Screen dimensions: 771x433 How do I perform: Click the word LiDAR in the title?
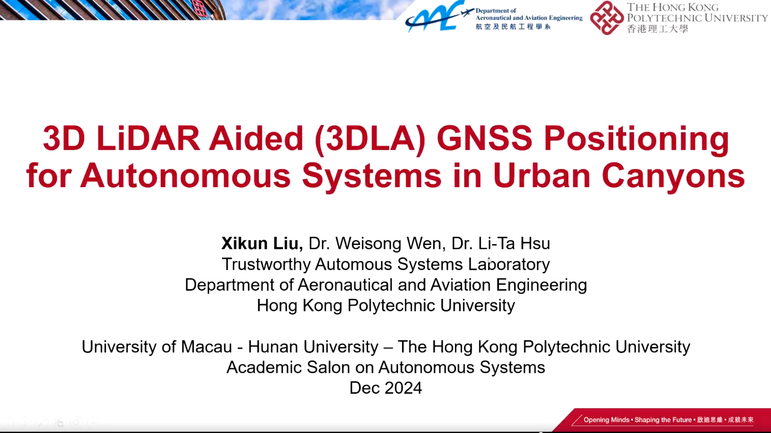click(148, 138)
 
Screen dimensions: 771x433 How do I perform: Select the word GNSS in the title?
click(485, 138)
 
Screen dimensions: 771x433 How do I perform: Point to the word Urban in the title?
click(541, 176)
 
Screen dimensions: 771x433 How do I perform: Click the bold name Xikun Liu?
click(262, 243)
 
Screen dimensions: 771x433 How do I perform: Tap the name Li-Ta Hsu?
click(514, 243)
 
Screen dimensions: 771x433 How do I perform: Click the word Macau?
click(206, 347)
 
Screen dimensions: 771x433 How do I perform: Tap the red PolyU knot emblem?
click(607, 18)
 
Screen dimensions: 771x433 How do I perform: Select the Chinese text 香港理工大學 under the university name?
click(657, 29)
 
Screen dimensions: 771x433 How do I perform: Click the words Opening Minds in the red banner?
click(606, 420)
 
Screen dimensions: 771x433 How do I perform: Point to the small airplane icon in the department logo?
click(467, 13)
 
